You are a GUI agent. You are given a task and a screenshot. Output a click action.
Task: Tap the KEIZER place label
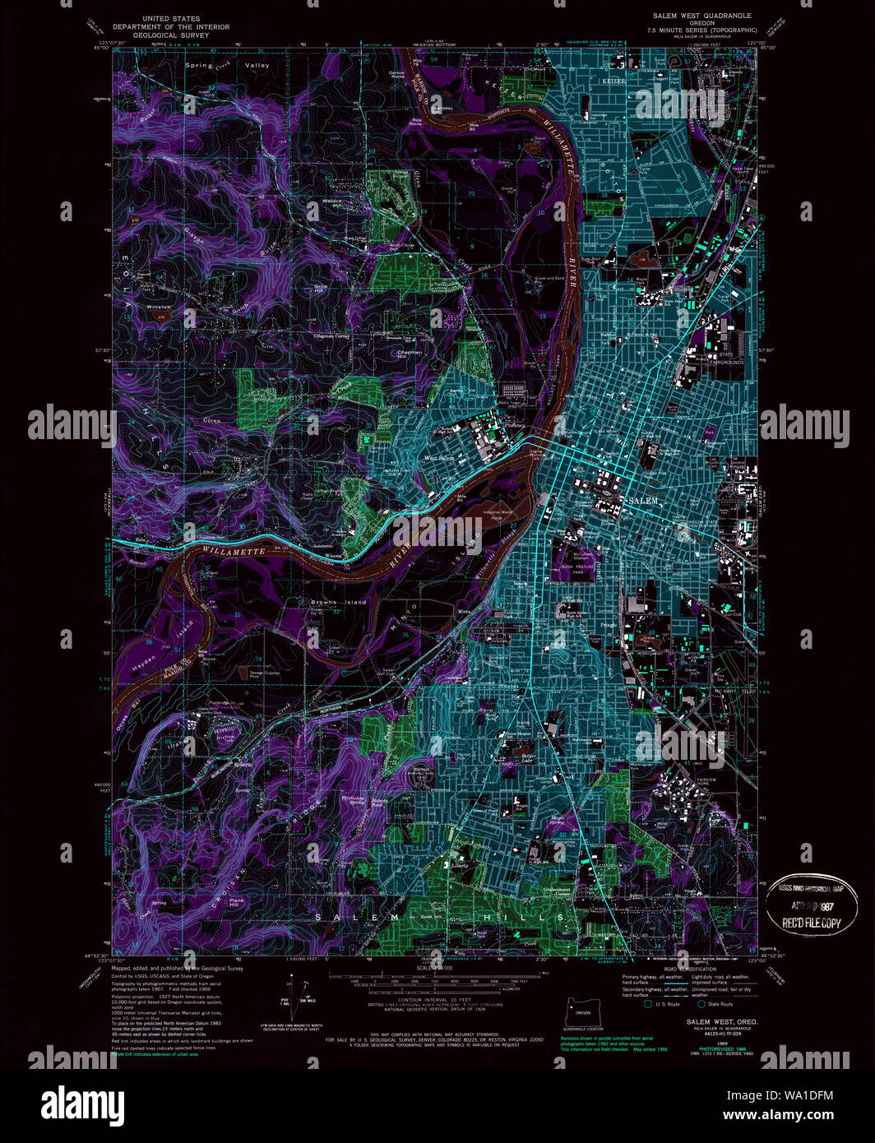pyautogui.click(x=613, y=81)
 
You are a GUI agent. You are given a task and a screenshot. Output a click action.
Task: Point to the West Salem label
pyautogui.click(x=438, y=458)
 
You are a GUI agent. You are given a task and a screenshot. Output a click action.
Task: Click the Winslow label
pyautogui.click(x=159, y=307)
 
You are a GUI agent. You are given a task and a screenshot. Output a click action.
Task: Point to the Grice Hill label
pyautogui.click(x=320, y=288)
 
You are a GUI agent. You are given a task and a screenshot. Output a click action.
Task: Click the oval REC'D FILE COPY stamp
pyautogui.click(x=811, y=905)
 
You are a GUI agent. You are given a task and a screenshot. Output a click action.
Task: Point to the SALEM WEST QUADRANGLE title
pyautogui.click(x=701, y=16)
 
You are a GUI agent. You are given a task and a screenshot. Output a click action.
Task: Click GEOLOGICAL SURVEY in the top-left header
pyautogui.click(x=171, y=35)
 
